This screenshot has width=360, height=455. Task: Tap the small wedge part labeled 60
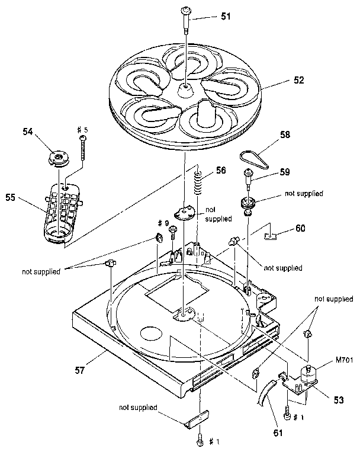(x=272, y=235)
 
